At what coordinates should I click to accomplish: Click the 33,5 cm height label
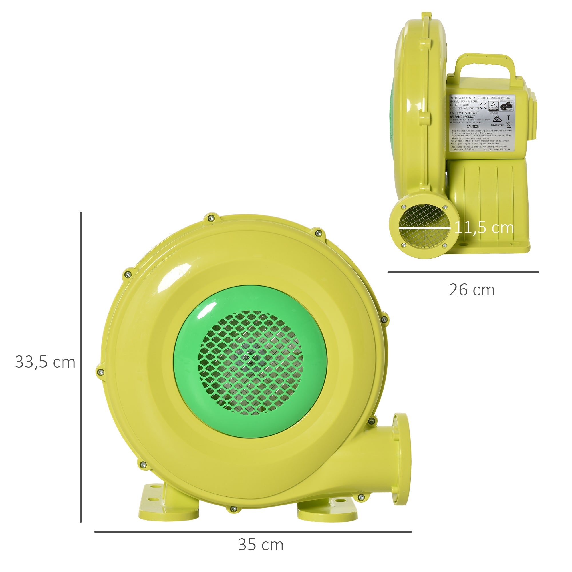[x=45, y=362]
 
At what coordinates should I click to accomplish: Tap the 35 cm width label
[x=261, y=545]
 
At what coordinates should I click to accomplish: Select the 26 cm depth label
[x=472, y=290]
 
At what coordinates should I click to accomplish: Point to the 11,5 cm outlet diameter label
[x=484, y=227]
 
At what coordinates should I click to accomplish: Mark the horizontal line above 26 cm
[x=463, y=272]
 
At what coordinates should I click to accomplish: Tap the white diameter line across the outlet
[x=424, y=228]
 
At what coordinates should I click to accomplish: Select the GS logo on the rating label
[x=506, y=106]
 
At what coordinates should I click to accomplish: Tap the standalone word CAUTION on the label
[x=473, y=126]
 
